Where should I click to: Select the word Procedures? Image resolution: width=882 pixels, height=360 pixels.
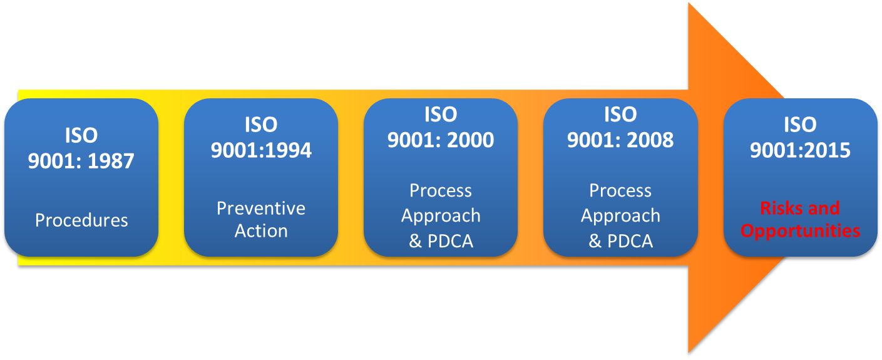[x=81, y=220]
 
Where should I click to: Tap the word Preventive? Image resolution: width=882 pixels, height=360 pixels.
[x=261, y=208]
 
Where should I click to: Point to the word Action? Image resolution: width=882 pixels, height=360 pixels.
[x=261, y=231]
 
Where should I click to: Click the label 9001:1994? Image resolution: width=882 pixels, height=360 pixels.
[x=261, y=151]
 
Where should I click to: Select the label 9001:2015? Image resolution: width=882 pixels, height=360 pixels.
[x=800, y=151]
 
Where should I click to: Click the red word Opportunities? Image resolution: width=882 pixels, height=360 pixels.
[x=800, y=231]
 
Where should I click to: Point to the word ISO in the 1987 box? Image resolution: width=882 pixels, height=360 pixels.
[x=81, y=135]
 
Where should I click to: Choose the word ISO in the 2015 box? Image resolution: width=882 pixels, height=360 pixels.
[x=800, y=125]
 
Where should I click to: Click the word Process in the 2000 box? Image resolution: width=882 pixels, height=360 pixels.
[x=441, y=190]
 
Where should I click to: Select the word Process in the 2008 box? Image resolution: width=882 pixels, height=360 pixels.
[x=620, y=190]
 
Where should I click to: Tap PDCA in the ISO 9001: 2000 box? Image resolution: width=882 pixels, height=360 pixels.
[x=449, y=242]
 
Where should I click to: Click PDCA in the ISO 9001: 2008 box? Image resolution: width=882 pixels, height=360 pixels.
[x=629, y=242]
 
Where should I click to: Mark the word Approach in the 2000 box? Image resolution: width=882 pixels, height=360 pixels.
[x=441, y=216]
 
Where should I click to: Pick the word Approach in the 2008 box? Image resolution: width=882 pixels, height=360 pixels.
[x=620, y=216]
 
